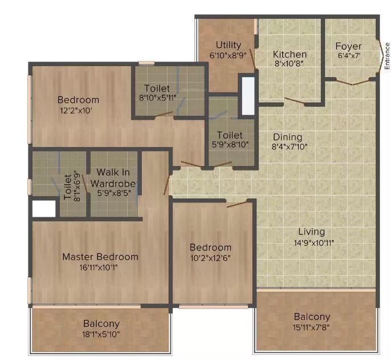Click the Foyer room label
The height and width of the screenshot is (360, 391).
point(349,46)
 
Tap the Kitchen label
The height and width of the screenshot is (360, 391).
point(290,54)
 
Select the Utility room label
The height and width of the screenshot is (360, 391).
point(229,45)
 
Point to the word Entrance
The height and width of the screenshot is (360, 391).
point(387,55)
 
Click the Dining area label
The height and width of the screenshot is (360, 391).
point(287,137)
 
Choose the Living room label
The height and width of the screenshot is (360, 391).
point(311,232)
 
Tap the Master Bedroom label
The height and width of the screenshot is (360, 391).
point(100,257)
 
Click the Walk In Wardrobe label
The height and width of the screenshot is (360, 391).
point(115,177)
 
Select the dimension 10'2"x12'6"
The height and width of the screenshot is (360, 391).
point(211,257)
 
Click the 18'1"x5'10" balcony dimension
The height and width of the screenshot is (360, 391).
point(101,334)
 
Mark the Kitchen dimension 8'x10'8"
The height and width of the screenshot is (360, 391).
point(290,63)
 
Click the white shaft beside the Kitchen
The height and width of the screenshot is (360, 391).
point(247,96)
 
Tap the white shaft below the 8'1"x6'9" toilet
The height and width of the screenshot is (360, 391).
point(44,209)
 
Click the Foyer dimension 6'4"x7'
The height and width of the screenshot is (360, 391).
point(349,56)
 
